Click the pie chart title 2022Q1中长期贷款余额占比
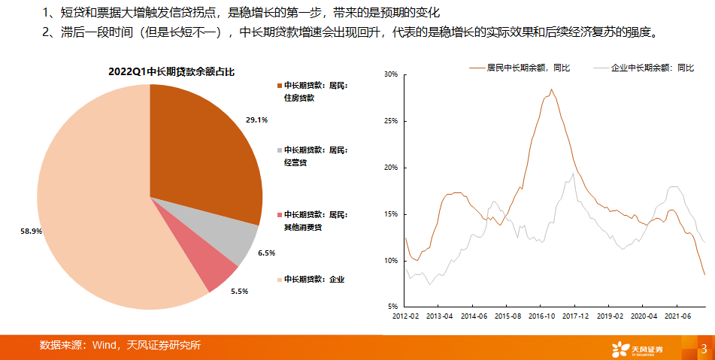pyautogui.click(x=172, y=73)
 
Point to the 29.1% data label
pyautogui.click(x=256, y=119)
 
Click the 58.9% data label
pyautogui.click(x=31, y=231)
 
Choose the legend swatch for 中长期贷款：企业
pyautogui.click(x=280, y=280)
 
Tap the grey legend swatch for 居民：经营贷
pyautogui.click(x=280, y=150)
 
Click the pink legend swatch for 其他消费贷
pyautogui.click(x=280, y=215)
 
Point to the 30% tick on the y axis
pyautogui.click(x=389, y=74)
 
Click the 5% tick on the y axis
pyautogui.click(x=392, y=307)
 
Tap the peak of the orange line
pyautogui.click(x=551, y=90)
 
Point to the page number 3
pyautogui.click(x=703, y=348)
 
